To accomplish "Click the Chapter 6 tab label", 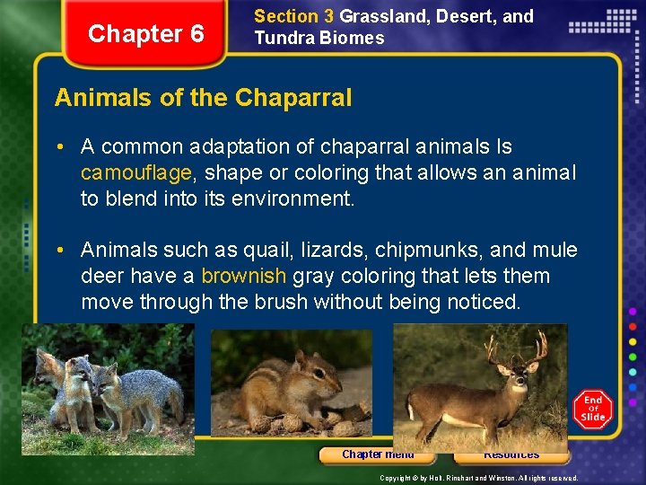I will coord(146,34).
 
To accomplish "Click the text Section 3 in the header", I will coord(286,16).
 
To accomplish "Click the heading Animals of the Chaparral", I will coord(203,97).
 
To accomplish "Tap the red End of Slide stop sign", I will coord(593,408).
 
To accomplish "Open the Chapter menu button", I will coord(377,454).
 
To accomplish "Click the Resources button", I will coord(511,454).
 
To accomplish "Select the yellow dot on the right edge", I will coord(633,340).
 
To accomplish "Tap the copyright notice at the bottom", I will coord(478,479).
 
